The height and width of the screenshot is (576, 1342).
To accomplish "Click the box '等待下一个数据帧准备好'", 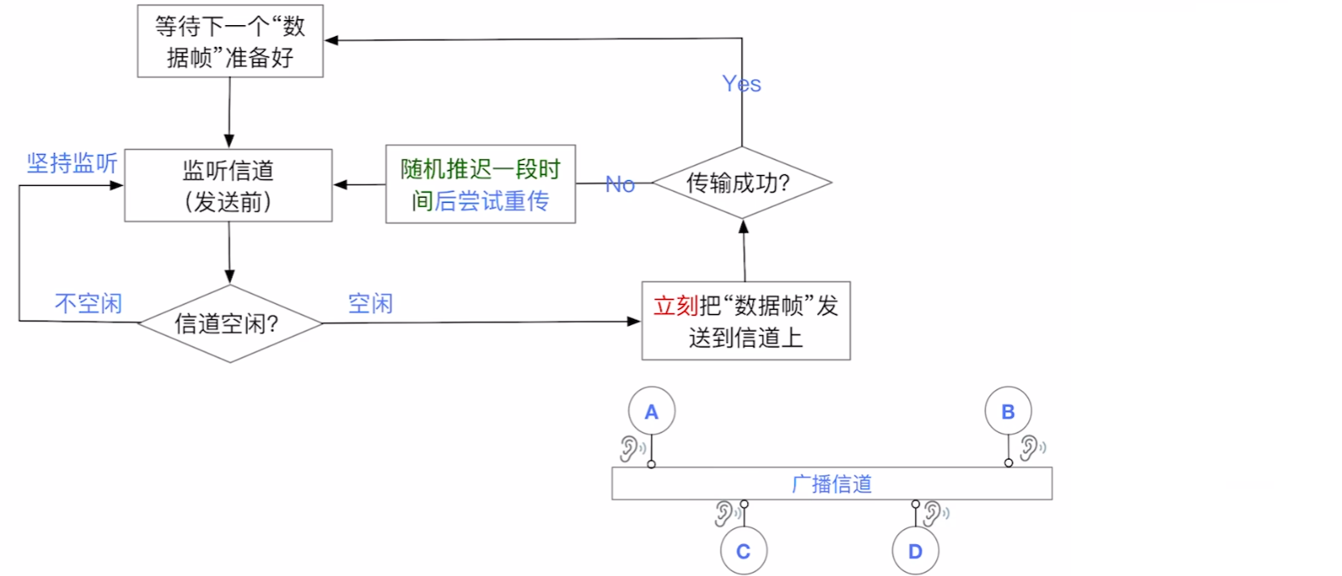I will (230, 41).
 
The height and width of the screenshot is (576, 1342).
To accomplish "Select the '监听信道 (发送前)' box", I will (228, 185).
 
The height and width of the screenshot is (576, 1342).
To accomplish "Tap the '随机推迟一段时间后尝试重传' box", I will (480, 184).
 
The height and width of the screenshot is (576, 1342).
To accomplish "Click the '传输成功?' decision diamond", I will (741, 183).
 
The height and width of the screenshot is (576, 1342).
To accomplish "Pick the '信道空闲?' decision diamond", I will (229, 323).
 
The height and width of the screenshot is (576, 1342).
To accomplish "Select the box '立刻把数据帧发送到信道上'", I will (745, 321).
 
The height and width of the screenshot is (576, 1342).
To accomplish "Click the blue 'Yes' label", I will (741, 84).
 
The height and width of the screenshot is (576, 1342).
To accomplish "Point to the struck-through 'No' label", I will (620, 184).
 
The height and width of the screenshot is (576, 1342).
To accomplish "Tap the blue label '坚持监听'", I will (72, 162).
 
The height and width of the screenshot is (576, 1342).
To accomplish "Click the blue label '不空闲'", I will (89, 303).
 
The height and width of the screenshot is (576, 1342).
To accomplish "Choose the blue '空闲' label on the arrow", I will (370, 303).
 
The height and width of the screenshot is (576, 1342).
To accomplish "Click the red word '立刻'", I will (675, 306).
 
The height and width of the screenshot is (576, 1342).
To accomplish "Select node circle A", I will (651, 411).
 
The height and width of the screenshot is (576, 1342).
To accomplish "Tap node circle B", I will (1007, 411).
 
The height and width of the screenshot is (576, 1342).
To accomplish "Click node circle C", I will (743, 551).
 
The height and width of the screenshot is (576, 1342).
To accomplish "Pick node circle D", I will (915, 551).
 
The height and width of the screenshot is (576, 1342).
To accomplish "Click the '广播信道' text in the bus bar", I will (832, 484).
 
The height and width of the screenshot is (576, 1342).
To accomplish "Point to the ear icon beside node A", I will (631, 449).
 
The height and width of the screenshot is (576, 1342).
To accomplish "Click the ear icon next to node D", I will (935, 513).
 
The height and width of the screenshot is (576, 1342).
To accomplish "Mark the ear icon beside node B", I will (1031, 448).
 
